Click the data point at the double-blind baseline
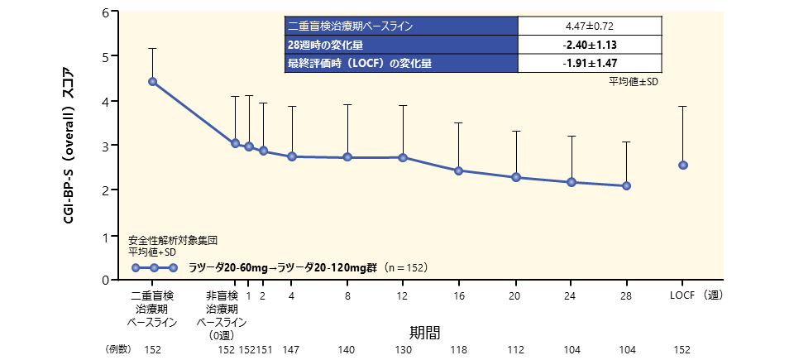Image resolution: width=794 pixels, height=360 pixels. pyautogui.click(x=152, y=81)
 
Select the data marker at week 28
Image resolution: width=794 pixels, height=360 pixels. pyautogui.click(x=627, y=186)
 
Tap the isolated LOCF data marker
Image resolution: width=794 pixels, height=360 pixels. pyautogui.click(x=683, y=165)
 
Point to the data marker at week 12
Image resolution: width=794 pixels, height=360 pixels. pyautogui.click(x=403, y=157)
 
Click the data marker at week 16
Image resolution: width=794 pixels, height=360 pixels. pyautogui.click(x=458, y=170)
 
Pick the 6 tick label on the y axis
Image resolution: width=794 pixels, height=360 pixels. pyautogui.click(x=105, y=12)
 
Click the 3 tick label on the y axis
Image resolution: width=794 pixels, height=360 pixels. pyautogui.click(x=105, y=146)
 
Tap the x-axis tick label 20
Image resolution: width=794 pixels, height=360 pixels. pyautogui.click(x=514, y=295)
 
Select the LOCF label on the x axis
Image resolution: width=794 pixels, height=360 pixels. pyautogui.click(x=682, y=295)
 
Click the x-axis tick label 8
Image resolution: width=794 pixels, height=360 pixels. pyautogui.click(x=347, y=295)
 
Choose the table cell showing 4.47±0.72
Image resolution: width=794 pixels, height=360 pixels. pyautogui.click(x=591, y=26)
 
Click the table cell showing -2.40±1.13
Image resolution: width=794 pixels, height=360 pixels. pyautogui.click(x=591, y=45)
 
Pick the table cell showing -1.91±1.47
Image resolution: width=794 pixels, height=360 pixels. pyautogui.click(x=591, y=63)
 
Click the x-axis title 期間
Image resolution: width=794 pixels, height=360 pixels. pyautogui.click(x=424, y=332)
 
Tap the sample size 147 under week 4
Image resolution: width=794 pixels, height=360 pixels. pyautogui.click(x=291, y=349)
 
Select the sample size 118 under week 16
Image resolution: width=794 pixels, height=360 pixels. pyautogui.click(x=458, y=349)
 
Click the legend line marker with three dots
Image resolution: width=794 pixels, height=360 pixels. pyautogui.click(x=155, y=267)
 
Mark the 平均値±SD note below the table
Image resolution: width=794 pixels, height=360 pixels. pyautogui.click(x=634, y=80)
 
